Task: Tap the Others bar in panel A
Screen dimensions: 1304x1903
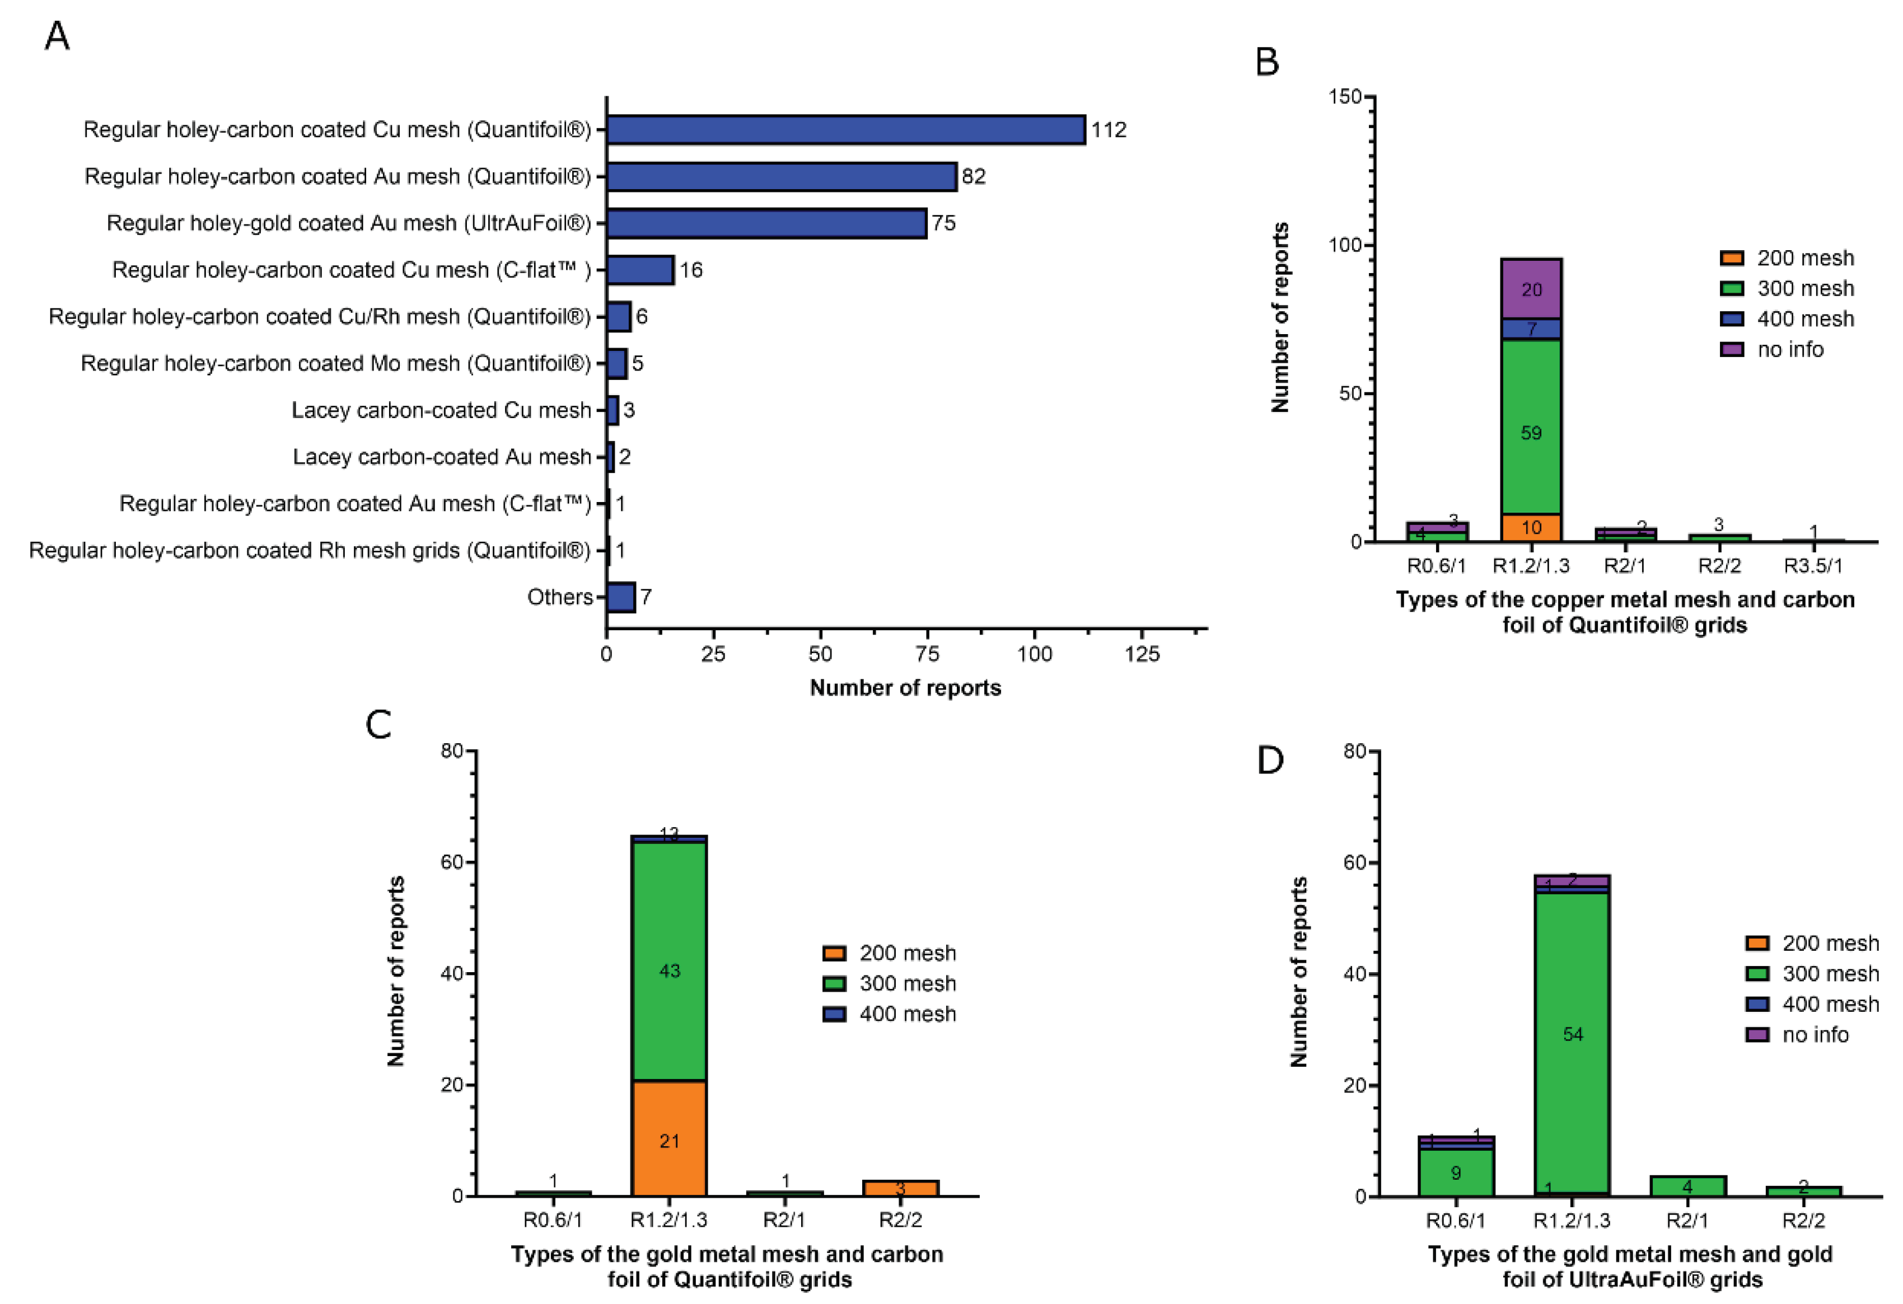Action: point(620,598)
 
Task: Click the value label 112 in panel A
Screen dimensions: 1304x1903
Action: point(1109,130)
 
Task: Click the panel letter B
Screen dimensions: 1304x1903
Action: point(1267,62)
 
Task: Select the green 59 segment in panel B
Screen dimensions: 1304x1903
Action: point(1531,428)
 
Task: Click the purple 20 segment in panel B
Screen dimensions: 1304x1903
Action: point(1531,288)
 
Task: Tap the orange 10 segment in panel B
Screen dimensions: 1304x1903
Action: point(1531,527)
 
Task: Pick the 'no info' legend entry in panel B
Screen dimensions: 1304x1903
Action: point(1772,350)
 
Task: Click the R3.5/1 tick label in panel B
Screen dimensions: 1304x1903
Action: point(1813,566)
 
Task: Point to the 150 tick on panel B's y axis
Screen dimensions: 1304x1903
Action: point(1345,97)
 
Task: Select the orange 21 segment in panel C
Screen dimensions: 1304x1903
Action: point(669,1139)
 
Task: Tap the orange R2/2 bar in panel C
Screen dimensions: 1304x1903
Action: point(900,1188)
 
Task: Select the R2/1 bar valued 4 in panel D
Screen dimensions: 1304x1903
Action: point(1687,1186)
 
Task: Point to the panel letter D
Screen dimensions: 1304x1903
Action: point(1270,761)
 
